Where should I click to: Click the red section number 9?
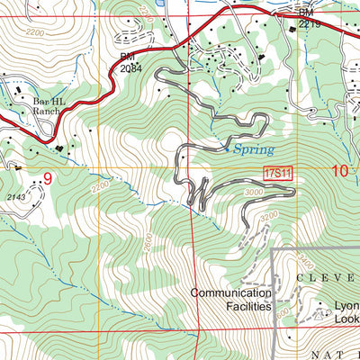tap(48, 178)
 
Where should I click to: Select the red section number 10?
tap(340, 171)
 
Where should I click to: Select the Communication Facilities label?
tap(230, 300)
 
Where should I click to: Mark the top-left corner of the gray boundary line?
tap(274, 249)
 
